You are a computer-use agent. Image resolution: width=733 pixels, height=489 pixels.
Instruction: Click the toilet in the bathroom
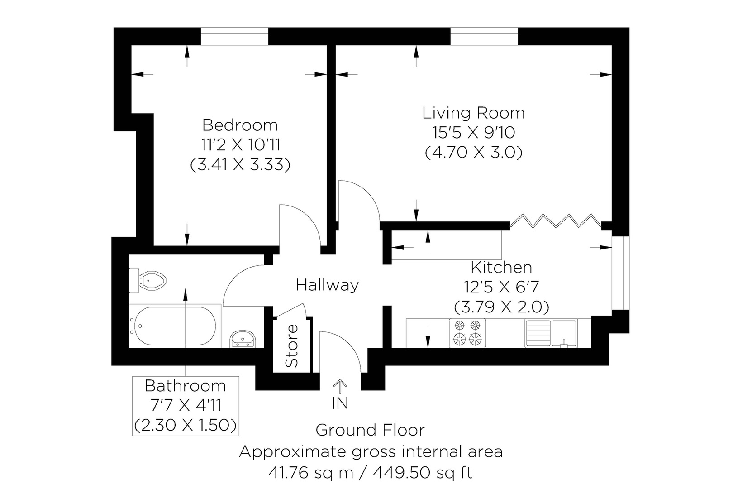(148, 281)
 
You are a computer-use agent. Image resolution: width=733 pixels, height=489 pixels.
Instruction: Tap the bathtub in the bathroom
(175, 326)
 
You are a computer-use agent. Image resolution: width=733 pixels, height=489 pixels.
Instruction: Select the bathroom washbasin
(243, 339)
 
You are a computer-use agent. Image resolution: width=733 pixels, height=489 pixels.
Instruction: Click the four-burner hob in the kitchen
(467, 333)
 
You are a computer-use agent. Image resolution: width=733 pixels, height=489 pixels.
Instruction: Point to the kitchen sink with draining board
(551, 333)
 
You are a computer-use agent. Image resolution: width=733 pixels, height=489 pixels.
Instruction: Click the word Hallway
(327, 285)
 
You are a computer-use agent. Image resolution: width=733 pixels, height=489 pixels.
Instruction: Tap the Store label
(291, 346)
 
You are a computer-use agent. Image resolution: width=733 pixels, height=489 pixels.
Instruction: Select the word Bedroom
(240, 125)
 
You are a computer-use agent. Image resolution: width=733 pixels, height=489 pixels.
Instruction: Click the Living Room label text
(473, 113)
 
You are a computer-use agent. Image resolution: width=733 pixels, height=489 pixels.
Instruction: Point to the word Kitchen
(501, 268)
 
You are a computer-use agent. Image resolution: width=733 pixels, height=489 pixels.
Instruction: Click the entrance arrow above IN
(340, 387)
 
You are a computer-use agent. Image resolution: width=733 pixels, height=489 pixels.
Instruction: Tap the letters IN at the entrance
(340, 403)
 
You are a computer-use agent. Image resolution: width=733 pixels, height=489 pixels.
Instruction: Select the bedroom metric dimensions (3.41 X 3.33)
(240, 164)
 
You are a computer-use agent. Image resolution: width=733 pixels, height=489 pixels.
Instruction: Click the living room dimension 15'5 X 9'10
(473, 133)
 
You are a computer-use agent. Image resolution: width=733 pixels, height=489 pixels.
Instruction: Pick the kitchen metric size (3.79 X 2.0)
(501, 307)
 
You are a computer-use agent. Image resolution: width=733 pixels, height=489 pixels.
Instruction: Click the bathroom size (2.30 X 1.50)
(185, 425)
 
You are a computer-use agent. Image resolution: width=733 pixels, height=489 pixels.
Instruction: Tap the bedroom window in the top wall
(234, 36)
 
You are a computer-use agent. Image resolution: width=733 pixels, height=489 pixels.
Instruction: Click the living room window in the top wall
(484, 36)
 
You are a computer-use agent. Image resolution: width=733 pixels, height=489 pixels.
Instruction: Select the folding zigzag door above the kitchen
(556, 221)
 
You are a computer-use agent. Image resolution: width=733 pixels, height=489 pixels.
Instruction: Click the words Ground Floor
(370, 430)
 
